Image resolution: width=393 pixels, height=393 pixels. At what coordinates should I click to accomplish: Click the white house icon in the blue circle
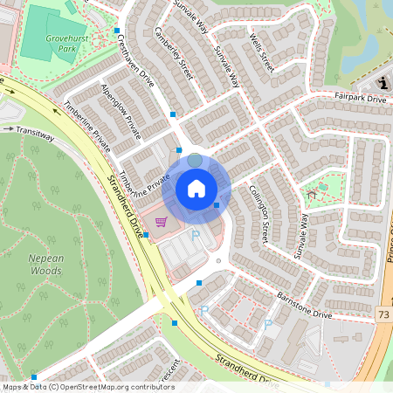pos(196,188)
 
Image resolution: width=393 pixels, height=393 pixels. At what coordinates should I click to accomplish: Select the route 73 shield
pos(383,313)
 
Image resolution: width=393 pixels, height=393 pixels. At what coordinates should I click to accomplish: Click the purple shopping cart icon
pos(161,222)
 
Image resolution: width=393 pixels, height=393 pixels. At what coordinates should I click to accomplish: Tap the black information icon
pos(385,82)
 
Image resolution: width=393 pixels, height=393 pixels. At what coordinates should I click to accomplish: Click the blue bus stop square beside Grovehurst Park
pos(117,32)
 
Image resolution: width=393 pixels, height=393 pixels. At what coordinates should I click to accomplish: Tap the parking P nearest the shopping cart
pos(196,235)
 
